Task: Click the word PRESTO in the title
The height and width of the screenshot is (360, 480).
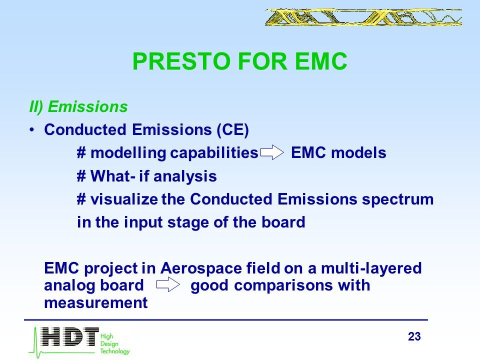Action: pos(181,61)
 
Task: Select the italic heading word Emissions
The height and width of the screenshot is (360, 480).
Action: pos(88,107)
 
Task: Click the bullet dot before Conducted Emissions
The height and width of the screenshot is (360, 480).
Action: pos(32,130)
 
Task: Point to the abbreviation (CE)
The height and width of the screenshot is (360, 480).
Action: pos(233,129)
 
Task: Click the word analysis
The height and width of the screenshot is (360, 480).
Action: pos(185,176)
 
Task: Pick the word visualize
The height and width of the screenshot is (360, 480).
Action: pos(124,199)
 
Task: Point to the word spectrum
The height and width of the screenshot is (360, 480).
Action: pos(398,199)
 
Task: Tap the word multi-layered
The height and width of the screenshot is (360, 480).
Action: pos(371,268)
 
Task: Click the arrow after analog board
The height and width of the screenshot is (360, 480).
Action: pos(168,285)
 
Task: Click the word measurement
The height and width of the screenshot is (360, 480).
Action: pos(96,303)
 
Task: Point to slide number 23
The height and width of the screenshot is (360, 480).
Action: pos(414,336)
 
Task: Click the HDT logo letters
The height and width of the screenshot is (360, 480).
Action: pos(70,336)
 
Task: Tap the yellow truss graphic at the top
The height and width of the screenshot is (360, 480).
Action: pos(363,17)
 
